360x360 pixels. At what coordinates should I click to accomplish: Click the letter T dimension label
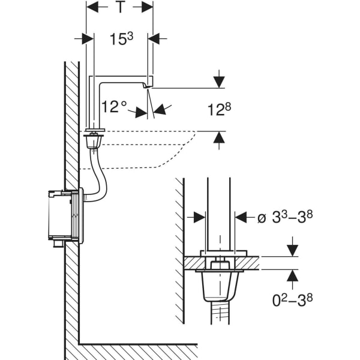click(120, 8)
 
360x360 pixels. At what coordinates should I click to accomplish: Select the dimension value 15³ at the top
click(121, 39)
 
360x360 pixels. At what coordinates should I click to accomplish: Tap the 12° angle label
click(114, 106)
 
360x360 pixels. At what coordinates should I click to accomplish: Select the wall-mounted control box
click(64, 216)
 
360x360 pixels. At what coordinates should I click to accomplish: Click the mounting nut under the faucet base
click(93, 142)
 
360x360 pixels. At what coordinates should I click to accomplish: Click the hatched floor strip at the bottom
click(138, 352)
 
